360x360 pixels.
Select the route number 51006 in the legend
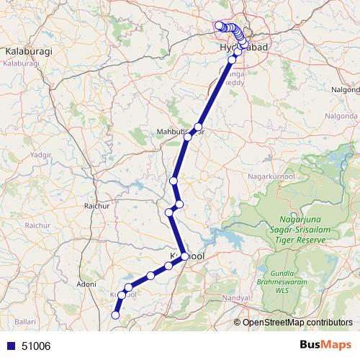(36, 346)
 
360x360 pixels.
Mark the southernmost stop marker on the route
(115, 315)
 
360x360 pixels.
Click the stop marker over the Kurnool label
(185, 256)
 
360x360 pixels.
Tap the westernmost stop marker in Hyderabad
(218, 26)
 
